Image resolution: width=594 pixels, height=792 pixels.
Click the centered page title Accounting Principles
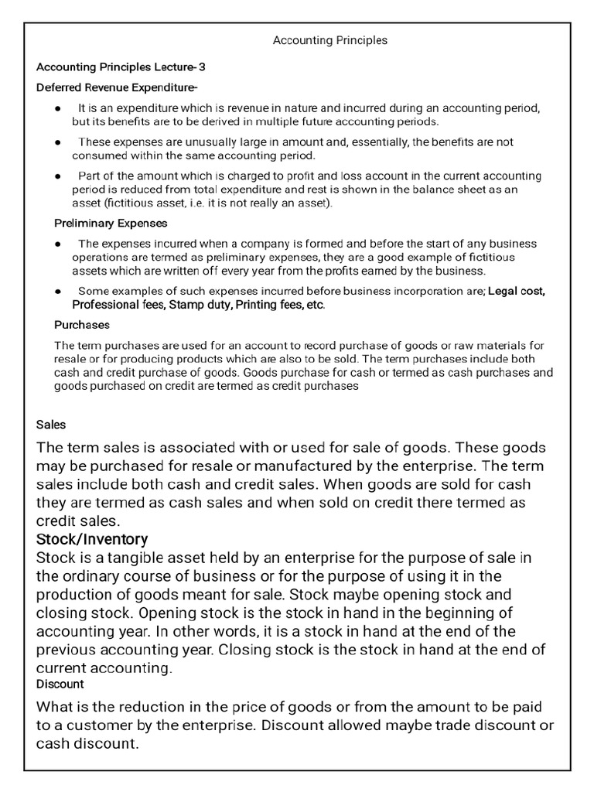[330, 39]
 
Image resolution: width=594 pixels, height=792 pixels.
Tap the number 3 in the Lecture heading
[202, 67]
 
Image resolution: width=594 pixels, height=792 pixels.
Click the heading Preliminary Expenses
[111, 224]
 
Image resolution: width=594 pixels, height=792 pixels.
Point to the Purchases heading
[82, 325]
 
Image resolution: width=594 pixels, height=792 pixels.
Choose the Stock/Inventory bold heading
[92, 538]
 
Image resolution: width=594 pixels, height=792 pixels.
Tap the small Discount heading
[60, 684]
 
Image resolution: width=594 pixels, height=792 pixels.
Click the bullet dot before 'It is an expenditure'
[58, 108]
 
